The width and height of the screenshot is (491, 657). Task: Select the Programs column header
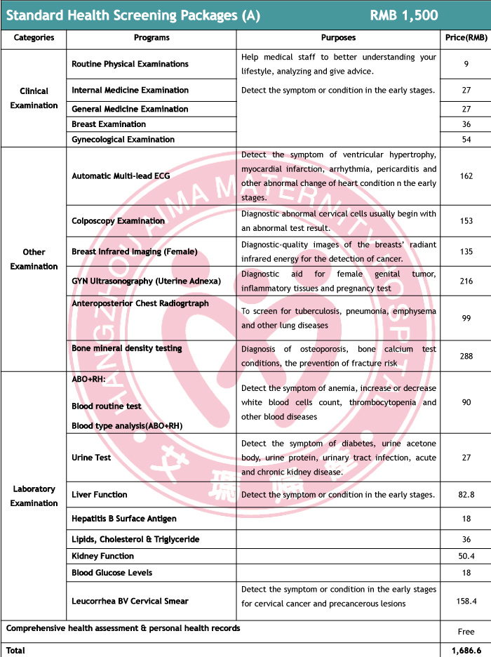152,38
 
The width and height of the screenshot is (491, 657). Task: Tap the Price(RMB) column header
465,38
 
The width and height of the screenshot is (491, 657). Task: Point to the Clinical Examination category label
34,98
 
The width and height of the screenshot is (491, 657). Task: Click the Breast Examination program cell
109,124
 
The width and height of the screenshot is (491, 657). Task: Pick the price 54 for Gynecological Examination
465,140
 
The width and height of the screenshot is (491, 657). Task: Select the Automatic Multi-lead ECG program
121,175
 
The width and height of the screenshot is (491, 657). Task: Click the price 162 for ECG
465,175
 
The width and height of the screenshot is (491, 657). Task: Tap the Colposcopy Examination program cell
119,221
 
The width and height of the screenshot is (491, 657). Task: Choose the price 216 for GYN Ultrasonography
465,281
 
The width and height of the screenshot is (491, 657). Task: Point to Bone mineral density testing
127,348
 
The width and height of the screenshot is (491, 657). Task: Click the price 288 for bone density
465,357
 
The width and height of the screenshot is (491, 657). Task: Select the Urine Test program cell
92,458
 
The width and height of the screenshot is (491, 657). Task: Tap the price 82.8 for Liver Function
465,495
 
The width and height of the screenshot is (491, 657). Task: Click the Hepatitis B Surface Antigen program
124,519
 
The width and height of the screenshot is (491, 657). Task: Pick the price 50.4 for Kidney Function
465,556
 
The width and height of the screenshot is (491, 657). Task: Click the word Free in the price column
465,632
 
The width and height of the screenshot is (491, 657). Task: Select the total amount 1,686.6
465,651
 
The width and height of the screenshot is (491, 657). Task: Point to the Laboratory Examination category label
34,496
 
